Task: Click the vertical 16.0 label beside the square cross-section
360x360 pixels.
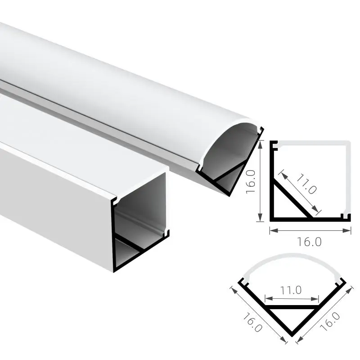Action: pyautogui.click(x=251, y=182)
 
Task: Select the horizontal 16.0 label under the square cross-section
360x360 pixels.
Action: pyautogui.click(x=309, y=242)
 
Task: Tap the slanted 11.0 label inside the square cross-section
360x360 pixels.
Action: pyautogui.click(x=306, y=184)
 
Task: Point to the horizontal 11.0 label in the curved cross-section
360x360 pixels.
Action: pyautogui.click(x=291, y=290)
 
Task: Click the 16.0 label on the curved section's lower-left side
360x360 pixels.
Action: pyautogui.click(x=252, y=323)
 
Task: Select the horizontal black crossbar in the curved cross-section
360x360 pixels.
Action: pyautogui.click(x=292, y=307)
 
